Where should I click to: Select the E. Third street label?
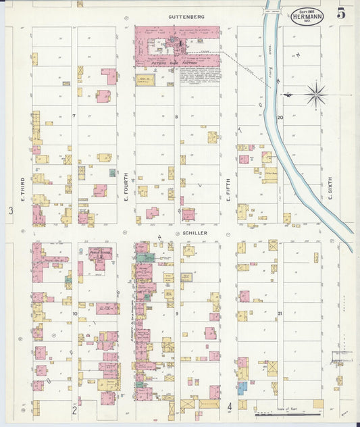pos(22,189)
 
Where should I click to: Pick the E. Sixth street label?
pos(330,189)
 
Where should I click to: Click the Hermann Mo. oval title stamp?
pos(307,17)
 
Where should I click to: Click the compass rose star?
pos(315,94)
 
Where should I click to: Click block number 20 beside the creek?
pos(279,117)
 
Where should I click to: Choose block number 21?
pos(279,313)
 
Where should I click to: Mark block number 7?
pos(74,116)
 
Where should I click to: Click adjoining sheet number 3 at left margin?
pos(11,211)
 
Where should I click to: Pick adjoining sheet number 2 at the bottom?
pos(74,409)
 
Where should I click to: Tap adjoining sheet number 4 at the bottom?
pos(230,406)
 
